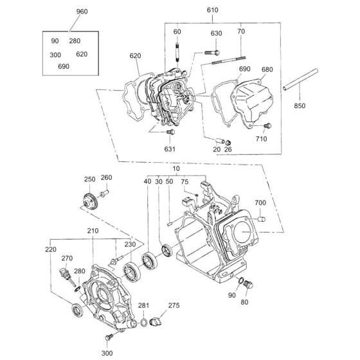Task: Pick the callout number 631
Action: point(170,148)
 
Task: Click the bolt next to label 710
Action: point(269,125)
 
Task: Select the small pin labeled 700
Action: point(262,220)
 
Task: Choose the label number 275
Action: point(174,305)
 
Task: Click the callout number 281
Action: point(143,305)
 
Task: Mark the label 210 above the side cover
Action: point(93,231)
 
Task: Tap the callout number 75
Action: point(184,183)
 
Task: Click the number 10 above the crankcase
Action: point(175,168)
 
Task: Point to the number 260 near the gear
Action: point(106,178)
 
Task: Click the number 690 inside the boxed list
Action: point(64,66)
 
